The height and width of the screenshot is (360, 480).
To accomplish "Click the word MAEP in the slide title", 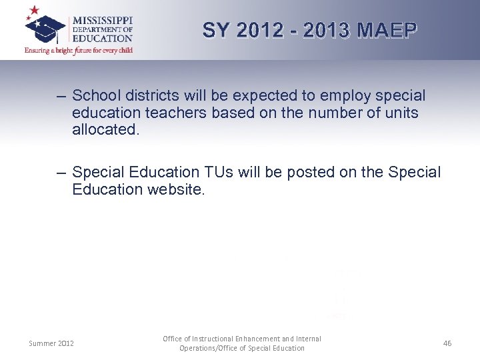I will (387, 30).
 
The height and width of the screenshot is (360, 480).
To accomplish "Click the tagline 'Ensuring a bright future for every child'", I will (79, 50).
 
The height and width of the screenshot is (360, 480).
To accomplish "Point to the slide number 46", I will (447, 343).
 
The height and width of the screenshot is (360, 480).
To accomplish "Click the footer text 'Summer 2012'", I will (51, 343).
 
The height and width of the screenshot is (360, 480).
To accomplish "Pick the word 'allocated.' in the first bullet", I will (106, 129).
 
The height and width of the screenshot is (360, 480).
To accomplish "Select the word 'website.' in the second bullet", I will (174, 189).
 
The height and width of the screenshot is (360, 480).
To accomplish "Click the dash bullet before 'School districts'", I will (61, 97).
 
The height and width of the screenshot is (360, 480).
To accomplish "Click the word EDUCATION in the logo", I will (103, 39).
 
